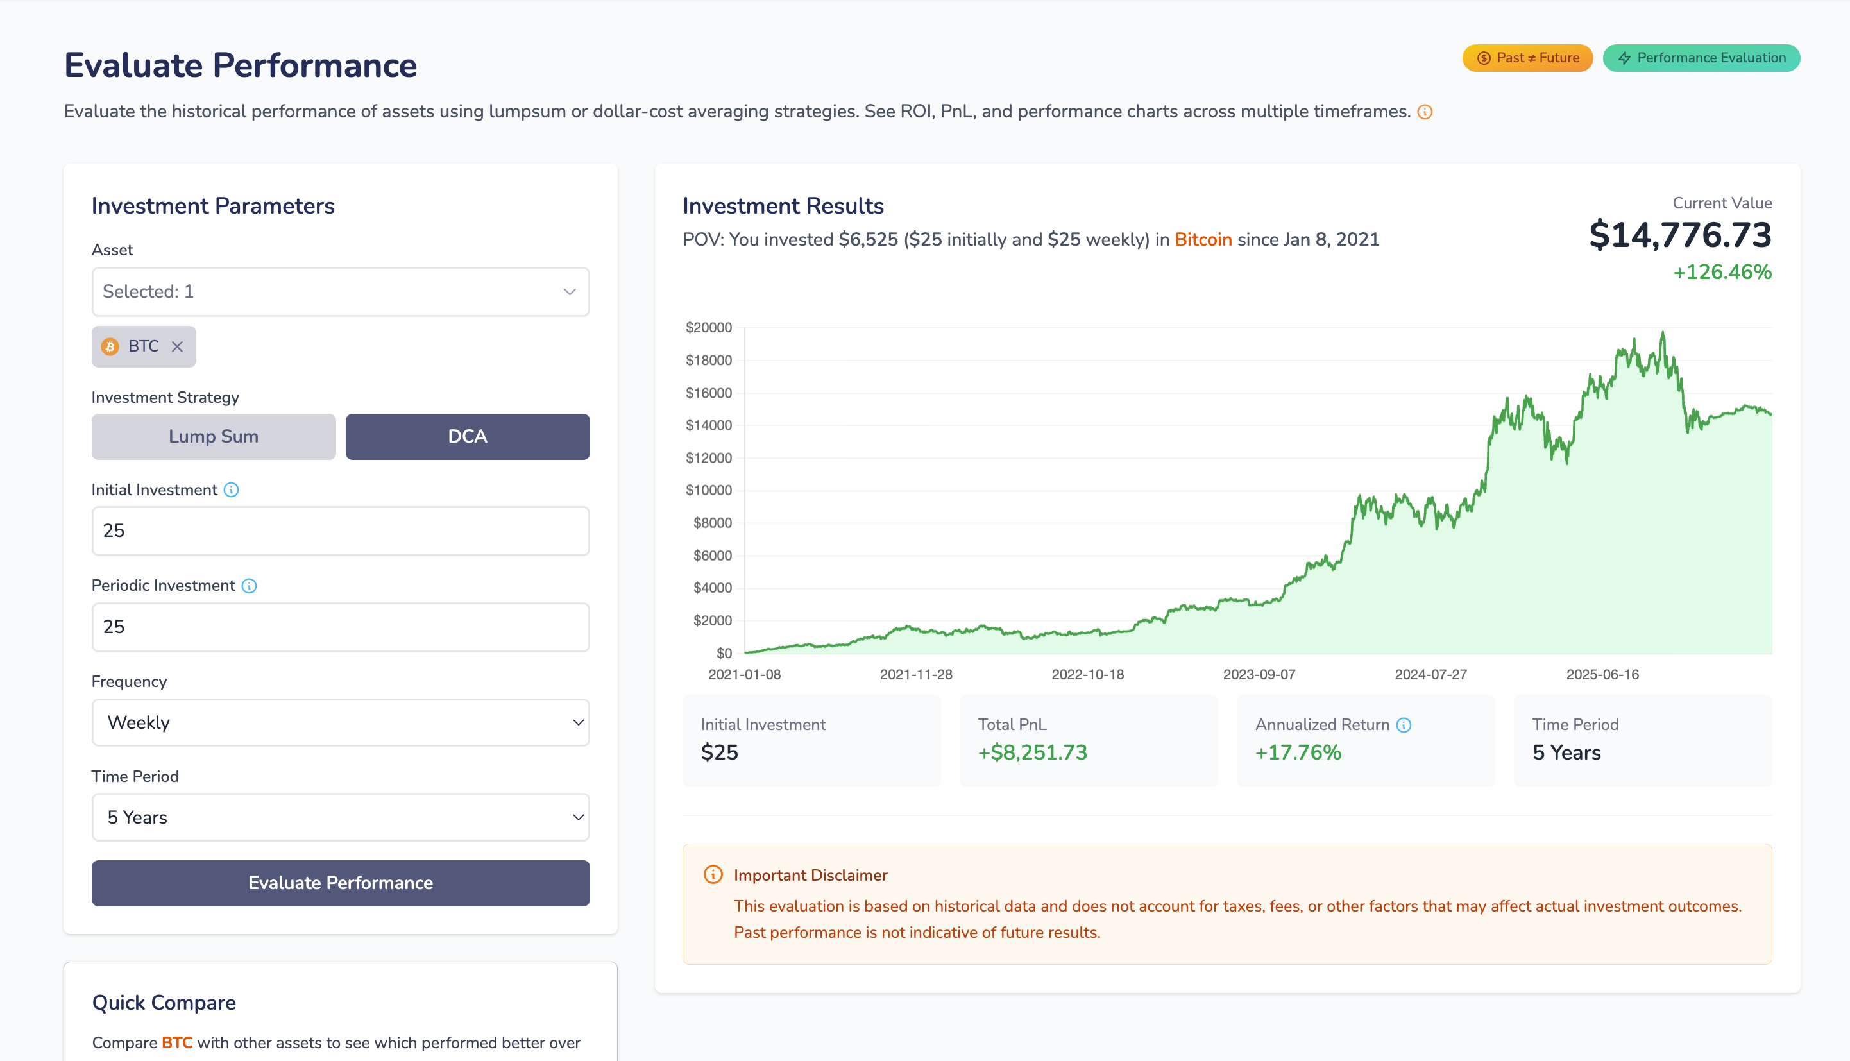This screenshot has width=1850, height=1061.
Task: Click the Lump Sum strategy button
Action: tap(214, 436)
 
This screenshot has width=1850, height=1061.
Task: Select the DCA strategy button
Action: tap(467, 436)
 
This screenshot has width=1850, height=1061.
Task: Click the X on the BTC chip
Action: tap(177, 347)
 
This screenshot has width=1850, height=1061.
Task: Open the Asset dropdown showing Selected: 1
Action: tap(340, 291)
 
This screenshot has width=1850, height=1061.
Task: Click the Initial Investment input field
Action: tap(340, 530)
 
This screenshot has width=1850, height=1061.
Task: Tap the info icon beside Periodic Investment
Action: tap(249, 586)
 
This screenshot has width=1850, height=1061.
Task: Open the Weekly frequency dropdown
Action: tap(340, 722)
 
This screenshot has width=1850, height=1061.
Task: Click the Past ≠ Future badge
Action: tap(1527, 58)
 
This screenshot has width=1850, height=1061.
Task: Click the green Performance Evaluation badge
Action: tap(1701, 58)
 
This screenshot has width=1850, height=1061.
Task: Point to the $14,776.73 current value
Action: tap(1679, 235)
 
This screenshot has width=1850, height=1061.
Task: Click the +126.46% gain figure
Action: tap(1722, 273)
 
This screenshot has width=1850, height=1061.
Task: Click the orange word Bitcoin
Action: tap(1203, 240)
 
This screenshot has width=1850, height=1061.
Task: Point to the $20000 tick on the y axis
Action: tap(708, 328)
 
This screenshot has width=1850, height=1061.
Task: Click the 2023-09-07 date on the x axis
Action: tap(1259, 675)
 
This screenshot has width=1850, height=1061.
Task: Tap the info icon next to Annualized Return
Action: tap(1404, 725)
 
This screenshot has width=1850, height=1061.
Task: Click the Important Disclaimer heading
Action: tap(810, 875)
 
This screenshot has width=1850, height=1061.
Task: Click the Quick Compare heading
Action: tap(164, 1003)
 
